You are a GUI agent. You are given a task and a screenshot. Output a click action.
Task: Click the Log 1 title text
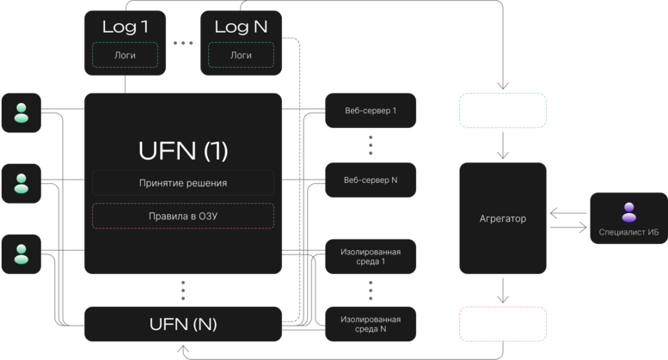pos(125,27)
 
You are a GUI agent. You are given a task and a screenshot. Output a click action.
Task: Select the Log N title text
pos(241,27)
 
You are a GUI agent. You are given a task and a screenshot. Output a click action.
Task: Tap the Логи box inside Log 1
pos(125,55)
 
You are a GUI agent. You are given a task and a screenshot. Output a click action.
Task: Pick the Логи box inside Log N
pos(241,55)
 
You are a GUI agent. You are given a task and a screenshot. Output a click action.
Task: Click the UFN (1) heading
pos(183,150)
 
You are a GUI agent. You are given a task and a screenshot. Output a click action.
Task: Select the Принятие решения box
pos(183,183)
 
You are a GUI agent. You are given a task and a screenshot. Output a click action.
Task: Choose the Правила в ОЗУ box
pos(183,217)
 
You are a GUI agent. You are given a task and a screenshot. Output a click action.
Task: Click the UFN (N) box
pos(183,324)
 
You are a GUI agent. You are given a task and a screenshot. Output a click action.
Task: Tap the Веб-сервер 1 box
pos(371,111)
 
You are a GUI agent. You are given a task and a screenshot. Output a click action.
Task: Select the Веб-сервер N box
pos(371,180)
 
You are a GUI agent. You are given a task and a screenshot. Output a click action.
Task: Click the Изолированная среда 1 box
pos(371,257)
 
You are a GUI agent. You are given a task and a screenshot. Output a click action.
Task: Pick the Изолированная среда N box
pos(371,324)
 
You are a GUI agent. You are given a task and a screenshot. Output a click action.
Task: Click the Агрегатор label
pos(503,219)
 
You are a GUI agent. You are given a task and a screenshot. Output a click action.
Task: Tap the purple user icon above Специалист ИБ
pos(628,212)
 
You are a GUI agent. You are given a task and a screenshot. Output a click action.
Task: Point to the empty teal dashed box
pos(503,111)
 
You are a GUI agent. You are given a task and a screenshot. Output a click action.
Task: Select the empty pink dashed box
pos(503,324)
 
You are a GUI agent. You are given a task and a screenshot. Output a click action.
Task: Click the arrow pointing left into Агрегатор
pos(568,213)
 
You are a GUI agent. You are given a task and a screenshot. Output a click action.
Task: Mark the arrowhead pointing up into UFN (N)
pos(183,349)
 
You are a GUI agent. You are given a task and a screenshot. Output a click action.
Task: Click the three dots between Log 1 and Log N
pos(183,43)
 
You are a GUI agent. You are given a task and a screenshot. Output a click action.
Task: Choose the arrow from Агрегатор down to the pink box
pos(503,290)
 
